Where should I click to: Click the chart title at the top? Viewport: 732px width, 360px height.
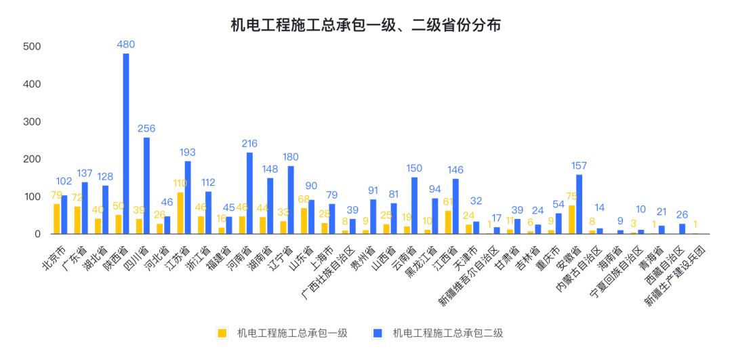pos(366,26)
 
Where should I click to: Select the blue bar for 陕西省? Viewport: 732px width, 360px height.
pos(126,144)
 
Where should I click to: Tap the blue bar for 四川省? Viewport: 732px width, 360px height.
pos(146,186)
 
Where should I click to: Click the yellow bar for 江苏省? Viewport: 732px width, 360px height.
pos(180,214)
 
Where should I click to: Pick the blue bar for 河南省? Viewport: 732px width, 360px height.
pos(249,193)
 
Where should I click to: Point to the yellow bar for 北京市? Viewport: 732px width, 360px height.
pos(57,219)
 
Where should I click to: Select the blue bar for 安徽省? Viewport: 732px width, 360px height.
pos(579,204)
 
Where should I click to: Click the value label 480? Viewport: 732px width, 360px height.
pos(126,45)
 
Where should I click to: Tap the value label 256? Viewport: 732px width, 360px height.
pos(146,129)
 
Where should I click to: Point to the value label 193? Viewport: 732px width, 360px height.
pos(188,153)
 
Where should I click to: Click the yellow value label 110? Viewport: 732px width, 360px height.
pos(179,183)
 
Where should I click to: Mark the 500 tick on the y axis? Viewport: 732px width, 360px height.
pos(32,47)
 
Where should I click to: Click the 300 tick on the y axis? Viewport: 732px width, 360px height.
pos(32,122)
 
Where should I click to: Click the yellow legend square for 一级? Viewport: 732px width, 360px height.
pos(222,333)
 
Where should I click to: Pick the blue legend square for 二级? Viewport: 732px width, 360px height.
pos(378,333)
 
